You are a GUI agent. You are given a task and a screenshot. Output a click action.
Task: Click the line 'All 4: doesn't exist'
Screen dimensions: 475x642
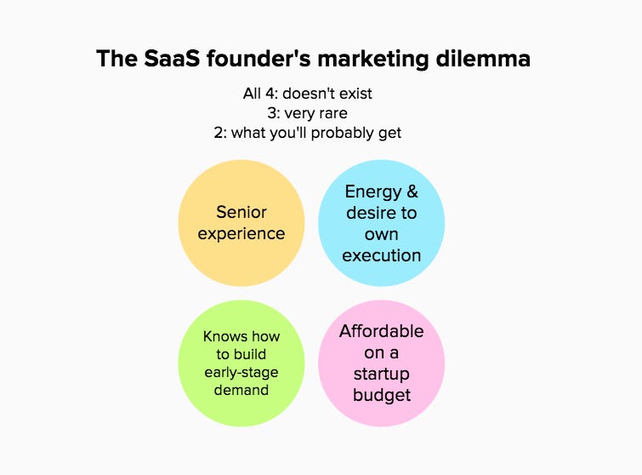[307, 94]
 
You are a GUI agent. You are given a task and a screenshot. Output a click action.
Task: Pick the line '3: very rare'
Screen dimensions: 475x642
[307, 112]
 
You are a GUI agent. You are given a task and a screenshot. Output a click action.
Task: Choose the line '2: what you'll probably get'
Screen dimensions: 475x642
[307, 132]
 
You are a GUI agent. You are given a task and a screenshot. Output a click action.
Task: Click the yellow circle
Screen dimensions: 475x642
[241, 223]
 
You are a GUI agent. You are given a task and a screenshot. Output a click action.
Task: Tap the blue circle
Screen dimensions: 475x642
[381, 223]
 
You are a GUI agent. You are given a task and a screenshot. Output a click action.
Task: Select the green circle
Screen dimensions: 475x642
[241, 363]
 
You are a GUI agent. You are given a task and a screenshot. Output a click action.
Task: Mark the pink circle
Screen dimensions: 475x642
[381, 363]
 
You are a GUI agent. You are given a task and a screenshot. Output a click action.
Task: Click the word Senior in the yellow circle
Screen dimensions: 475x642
[241, 212]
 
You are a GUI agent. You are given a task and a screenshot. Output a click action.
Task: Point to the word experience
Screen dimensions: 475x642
[241, 233]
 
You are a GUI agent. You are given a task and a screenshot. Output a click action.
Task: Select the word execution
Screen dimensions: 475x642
[381, 255]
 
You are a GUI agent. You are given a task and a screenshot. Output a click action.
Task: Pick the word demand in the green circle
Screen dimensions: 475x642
[241, 390]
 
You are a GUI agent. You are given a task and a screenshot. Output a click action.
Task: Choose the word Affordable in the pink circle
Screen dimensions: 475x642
[381, 331]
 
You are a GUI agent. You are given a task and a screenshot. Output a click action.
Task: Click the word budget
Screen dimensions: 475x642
[381, 394]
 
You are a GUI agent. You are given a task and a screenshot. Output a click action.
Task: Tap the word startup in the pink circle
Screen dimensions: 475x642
[381, 373]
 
